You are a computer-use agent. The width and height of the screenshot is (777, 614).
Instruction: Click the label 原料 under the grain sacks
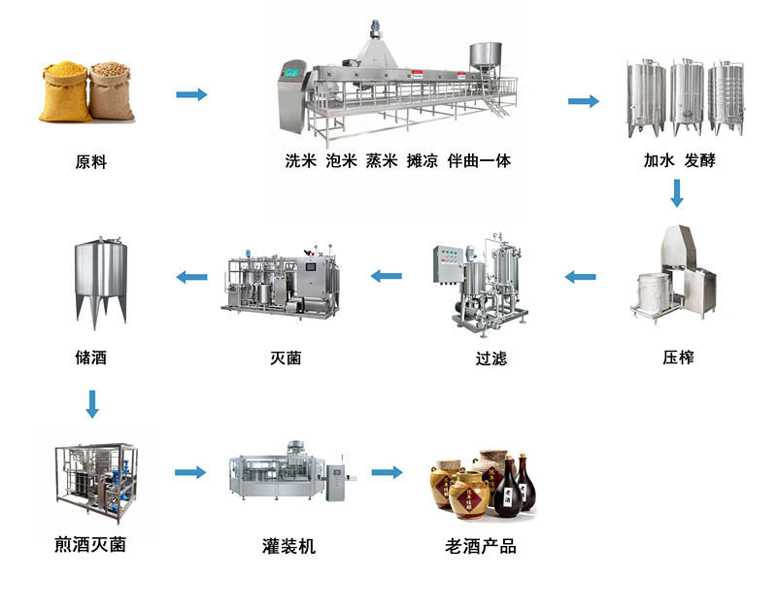coord(90,162)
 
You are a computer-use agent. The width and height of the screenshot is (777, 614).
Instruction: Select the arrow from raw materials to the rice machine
coord(191,94)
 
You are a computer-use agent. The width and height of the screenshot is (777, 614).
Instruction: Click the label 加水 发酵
coord(679,160)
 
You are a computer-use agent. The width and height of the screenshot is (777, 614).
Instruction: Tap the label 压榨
coord(678,357)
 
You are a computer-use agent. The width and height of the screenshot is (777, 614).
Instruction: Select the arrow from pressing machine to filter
coord(581,276)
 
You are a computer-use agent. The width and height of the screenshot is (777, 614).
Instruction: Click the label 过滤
coord(490,358)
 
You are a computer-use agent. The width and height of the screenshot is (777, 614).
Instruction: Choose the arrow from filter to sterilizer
coord(387,276)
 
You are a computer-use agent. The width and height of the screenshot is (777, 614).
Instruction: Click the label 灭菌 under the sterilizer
coord(286,358)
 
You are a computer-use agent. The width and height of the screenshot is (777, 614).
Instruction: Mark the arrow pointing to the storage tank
coord(191,276)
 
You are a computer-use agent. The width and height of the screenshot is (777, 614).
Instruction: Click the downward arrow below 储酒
coord(92,403)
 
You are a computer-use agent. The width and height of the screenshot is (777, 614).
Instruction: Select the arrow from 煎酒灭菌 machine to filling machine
coord(190,472)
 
